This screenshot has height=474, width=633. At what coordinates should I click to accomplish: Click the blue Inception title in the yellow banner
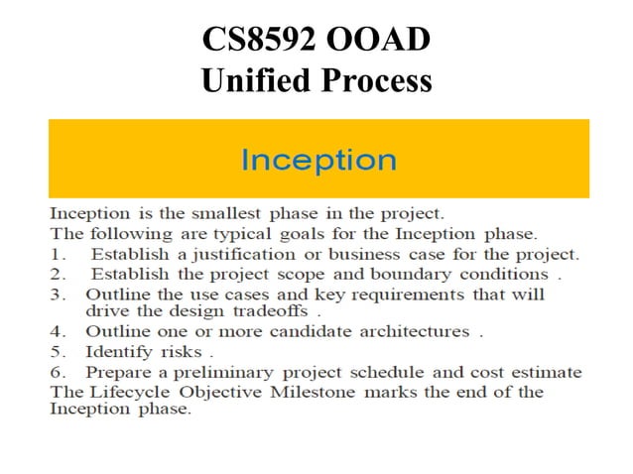(318, 160)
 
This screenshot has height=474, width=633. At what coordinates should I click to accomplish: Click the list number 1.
(56, 254)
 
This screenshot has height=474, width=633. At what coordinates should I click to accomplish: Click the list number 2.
(57, 274)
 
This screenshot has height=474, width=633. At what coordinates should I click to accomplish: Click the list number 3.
(57, 295)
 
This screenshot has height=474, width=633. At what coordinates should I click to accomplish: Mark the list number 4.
(57, 332)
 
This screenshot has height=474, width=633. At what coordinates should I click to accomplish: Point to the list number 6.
(57, 372)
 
